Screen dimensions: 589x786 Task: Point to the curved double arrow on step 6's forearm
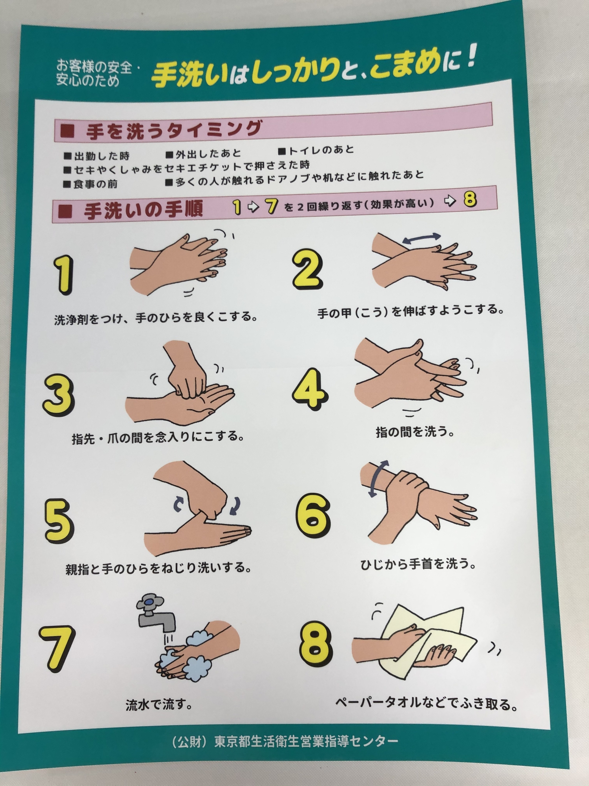coord(376,478)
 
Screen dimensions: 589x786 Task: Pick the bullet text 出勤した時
coord(97,156)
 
